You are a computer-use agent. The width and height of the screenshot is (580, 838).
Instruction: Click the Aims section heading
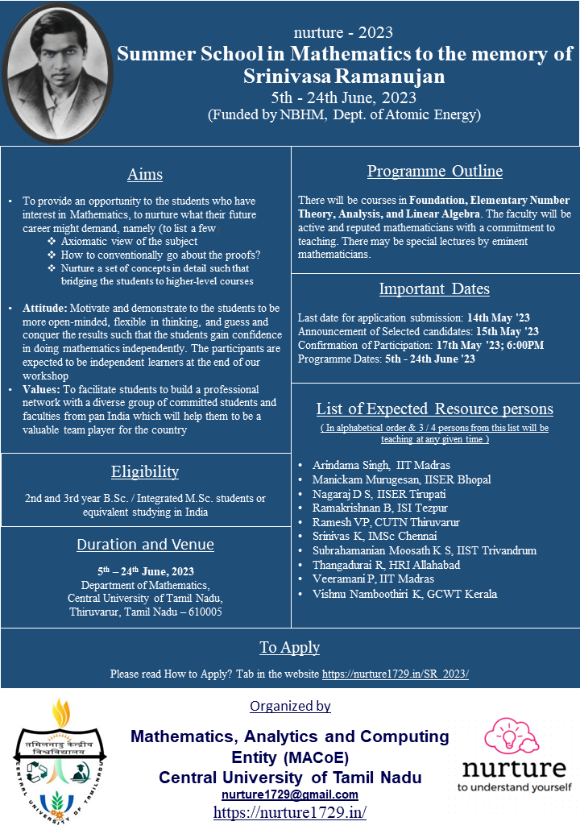tap(145, 175)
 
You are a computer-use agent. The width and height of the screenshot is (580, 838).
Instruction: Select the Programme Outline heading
tap(435, 171)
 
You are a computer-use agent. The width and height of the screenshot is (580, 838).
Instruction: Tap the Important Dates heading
tap(435, 289)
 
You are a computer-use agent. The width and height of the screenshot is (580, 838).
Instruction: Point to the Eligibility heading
tap(145, 471)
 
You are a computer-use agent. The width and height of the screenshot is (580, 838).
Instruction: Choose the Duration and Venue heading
tap(145, 545)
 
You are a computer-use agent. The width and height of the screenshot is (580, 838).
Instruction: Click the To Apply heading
tap(290, 647)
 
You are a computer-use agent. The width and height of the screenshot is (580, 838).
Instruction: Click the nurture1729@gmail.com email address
tap(290, 794)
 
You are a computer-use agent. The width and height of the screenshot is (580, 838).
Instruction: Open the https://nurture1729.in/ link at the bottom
tap(290, 812)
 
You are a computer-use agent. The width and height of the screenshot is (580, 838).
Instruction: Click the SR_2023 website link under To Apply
tap(396, 673)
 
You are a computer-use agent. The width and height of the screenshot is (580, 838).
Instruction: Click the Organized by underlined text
tap(290, 707)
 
